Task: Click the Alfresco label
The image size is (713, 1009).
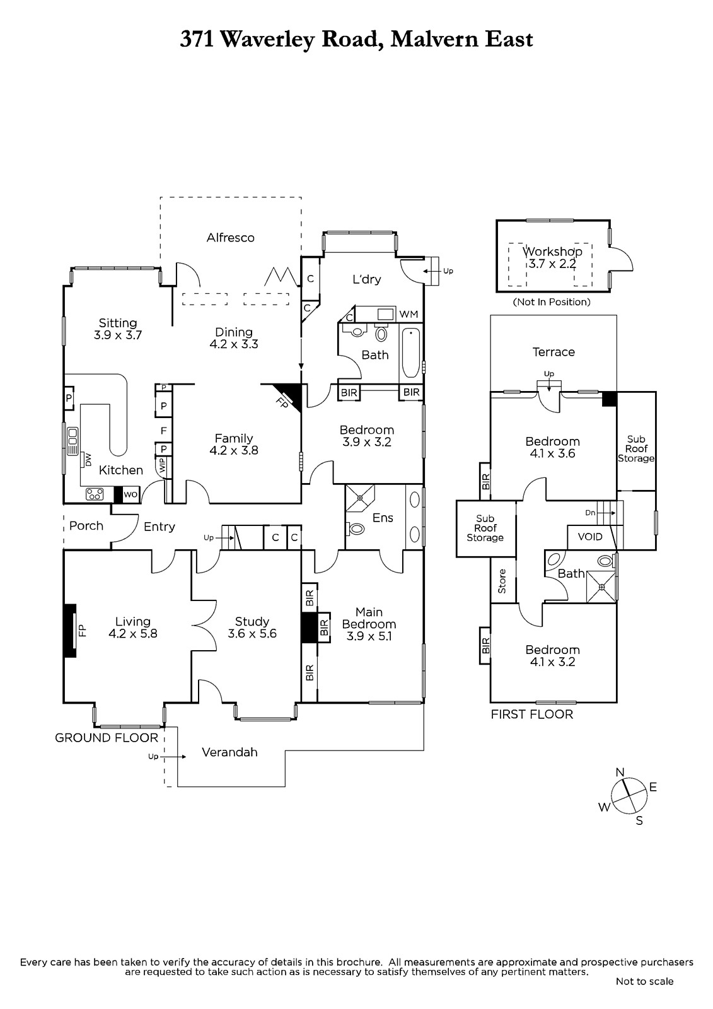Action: pos(231,238)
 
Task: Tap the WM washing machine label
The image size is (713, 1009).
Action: pos(409,314)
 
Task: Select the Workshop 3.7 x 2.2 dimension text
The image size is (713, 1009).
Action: pos(552,264)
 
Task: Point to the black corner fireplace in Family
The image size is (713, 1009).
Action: pos(288,394)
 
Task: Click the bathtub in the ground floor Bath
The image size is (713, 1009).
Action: pos(411,353)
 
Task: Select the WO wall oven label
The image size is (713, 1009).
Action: pos(130,494)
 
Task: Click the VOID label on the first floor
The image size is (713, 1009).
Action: pos(590,537)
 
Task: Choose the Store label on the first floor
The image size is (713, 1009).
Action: pos(502,581)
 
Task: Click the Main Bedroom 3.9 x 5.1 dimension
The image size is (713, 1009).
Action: pos(369,636)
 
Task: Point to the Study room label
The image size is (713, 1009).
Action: pos(252,622)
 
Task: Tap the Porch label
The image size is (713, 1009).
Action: pos(86,526)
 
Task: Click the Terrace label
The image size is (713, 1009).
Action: pos(554,352)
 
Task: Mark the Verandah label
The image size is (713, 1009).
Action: pos(229,752)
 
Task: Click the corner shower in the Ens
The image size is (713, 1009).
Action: pos(360,499)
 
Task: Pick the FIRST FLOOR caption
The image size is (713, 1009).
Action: pos(532,714)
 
